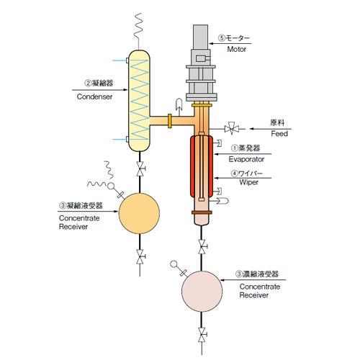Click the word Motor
coord(237,49)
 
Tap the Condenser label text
coord(94,96)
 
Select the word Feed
coord(279,133)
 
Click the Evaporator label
coord(246,159)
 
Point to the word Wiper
coord(249,182)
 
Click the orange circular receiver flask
coord(139,213)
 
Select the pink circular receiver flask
coord(202,292)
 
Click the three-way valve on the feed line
coord(232,129)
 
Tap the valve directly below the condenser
coord(140,168)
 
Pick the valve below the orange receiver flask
coord(140,257)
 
